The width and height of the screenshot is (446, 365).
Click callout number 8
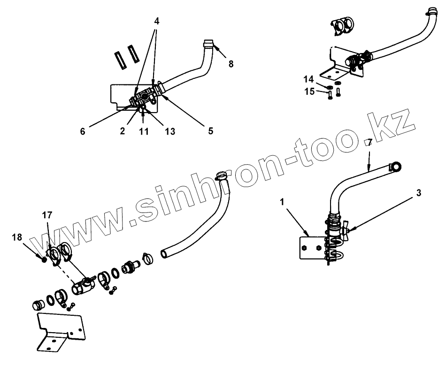[x=231, y=64]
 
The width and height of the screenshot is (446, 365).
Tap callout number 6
[x=83, y=132]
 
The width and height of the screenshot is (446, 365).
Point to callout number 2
[x=122, y=131]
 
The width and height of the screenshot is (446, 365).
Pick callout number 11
[x=144, y=132]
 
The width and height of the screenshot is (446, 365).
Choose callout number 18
[x=18, y=238]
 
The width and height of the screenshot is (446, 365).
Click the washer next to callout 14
[x=330, y=87]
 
